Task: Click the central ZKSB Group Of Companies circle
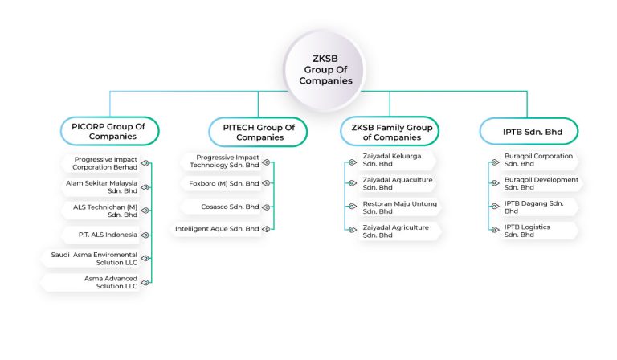(x=332, y=70)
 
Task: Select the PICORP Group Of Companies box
(x=110, y=131)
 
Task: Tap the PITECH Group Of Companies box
(x=259, y=132)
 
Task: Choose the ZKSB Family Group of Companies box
(x=391, y=132)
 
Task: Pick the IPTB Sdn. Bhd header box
(x=528, y=132)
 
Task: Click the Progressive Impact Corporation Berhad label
(x=104, y=163)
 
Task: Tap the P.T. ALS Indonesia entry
(x=108, y=235)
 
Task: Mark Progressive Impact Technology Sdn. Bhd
(x=224, y=162)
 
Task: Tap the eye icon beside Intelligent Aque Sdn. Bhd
(x=266, y=229)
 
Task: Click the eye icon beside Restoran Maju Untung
(x=350, y=207)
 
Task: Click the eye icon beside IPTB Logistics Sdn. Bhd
(x=495, y=231)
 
